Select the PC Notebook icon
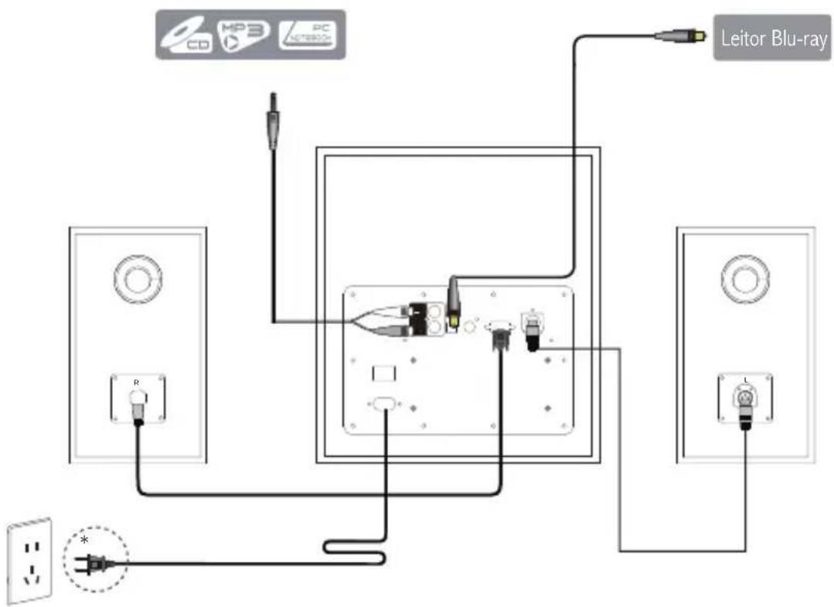(x=308, y=35)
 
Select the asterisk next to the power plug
(x=84, y=538)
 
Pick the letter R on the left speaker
(x=137, y=382)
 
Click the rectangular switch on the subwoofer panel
(x=383, y=373)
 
